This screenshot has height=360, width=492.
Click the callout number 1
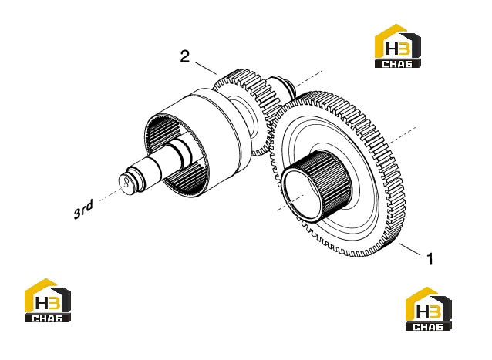tap(430, 259)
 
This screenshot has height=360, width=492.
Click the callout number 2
tap(185, 56)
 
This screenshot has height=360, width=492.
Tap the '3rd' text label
tap(83, 210)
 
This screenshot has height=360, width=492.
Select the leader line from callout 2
tap(206, 68)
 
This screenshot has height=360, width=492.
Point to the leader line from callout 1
tap(409, 249)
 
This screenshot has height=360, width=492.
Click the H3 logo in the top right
tap(398, 45)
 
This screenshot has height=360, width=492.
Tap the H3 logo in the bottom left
tap(48, 300)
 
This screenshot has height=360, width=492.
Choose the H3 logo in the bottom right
tap(429, 308)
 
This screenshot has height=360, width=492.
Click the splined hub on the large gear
tap(317, 185)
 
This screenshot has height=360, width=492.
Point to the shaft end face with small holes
tap(126, 183)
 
